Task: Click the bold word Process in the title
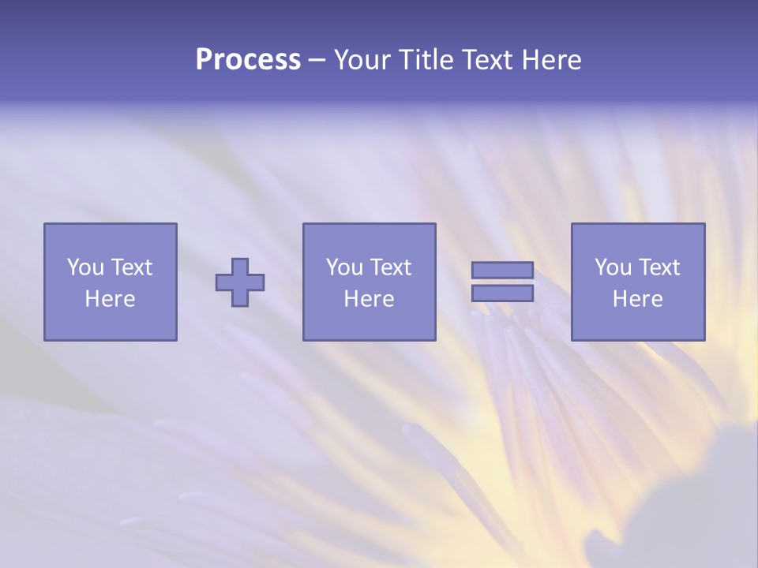[x=248, y=60]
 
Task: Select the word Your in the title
[x=363, y=60]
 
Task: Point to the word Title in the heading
[x=427, y=60]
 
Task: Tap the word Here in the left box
[x=110, y=299]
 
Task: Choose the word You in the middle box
[x=343, y=267]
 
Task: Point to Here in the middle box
[x=369, y=299]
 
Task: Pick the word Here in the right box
[x=637, y=299]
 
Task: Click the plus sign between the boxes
[x=240, y=282]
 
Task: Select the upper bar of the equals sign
[x=502, y=270]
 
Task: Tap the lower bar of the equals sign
[x=502, y=293]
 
